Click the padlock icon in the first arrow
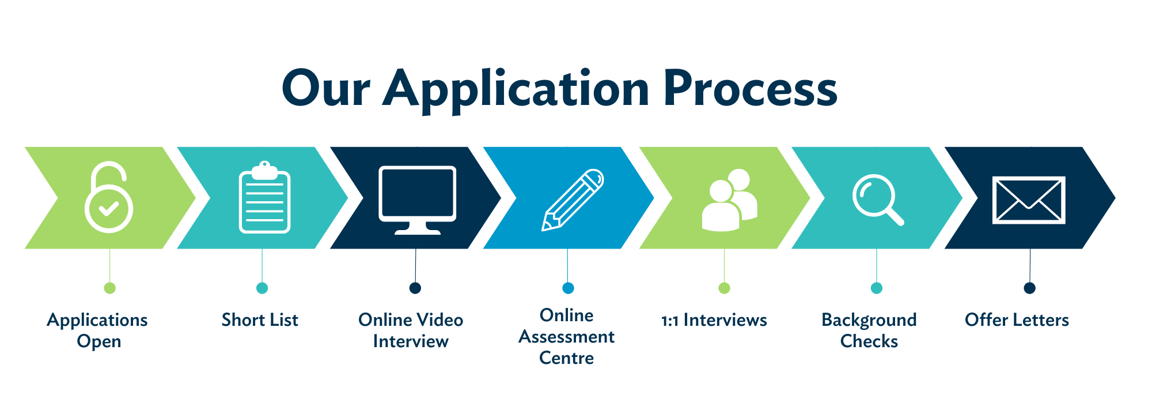tap(109, 198)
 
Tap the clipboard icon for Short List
tap(264, 198)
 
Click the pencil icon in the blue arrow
tap(573, 200)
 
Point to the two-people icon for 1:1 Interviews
tap(729, 200)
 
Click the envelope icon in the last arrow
tap(1029, 200)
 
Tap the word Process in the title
tap(750, 89)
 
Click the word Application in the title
tap(516, 89)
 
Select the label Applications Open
tap(97, 330)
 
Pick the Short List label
tap(260, 320)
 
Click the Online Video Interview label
tap(411, 330)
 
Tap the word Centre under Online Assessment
tap(566, 358)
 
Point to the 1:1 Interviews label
tap(714, 320)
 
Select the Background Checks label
tap(869, 330)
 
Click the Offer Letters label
tap(1017, 320)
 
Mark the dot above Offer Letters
tap(1029, 288)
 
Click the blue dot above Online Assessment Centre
tap(568, 288)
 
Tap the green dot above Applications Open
tap(109, 288)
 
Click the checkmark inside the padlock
tap(108, 208)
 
